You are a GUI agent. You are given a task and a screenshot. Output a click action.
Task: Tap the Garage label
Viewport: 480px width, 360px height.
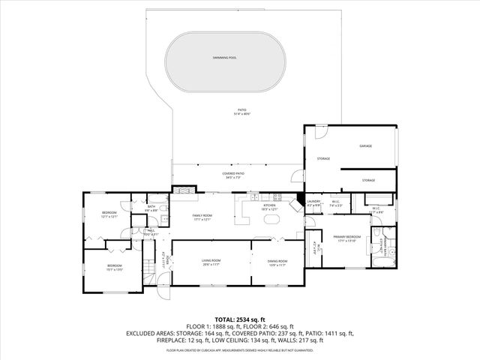click(x=365, y=146)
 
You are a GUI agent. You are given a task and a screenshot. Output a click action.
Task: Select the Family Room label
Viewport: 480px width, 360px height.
click(x=202, y=217)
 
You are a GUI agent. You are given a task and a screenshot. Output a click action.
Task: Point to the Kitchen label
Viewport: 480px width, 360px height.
click(x=268, y=206)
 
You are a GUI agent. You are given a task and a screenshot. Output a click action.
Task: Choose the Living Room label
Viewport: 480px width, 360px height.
click(x=210, y=262)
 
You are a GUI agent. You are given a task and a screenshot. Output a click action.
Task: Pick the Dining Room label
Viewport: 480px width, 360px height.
click(x=277, y=262)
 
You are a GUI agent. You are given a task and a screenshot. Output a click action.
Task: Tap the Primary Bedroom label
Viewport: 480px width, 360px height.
click(x=349, y=238)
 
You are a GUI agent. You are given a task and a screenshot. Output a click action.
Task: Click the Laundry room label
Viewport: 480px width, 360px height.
click(x=313, y=202)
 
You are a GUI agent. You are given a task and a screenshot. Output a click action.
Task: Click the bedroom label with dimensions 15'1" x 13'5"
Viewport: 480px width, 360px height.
click(x=114, y=267)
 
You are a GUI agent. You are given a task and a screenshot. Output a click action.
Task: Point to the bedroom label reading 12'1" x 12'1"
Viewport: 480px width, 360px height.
click(x=109, y=214)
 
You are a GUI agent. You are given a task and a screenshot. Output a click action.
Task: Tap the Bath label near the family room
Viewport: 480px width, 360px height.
click(x=151, y=208)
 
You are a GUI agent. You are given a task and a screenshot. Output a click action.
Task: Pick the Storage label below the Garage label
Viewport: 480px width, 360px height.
click(x=367, y=180)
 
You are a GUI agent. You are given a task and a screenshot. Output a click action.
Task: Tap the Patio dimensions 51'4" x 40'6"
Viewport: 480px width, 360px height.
click(x=241, y=114)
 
